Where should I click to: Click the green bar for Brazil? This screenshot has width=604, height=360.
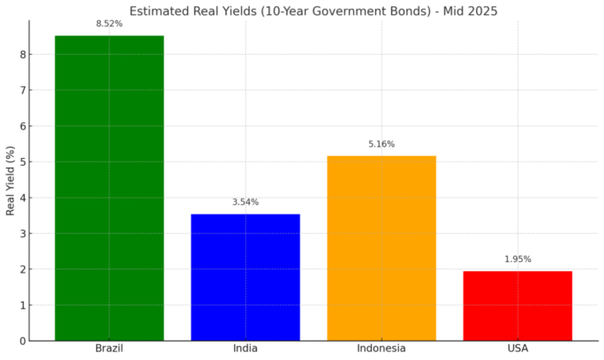click(109, 188)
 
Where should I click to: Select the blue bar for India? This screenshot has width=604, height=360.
click(245, 277)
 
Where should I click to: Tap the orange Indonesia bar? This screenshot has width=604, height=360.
click(381, 248)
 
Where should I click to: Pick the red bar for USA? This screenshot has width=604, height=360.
click(517, 305)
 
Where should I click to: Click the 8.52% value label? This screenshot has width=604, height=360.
click(109, 24)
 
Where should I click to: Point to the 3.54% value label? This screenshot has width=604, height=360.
click(245, 202)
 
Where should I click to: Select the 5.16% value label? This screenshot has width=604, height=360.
click(381, 144)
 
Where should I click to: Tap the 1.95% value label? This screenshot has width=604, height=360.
click(517, 259)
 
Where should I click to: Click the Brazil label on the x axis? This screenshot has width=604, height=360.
click(109, 349)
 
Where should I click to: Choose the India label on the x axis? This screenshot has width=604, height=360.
click(245, 349)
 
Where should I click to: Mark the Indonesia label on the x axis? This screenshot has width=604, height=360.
click(381, 349)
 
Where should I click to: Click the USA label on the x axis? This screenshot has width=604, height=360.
click(517, 349)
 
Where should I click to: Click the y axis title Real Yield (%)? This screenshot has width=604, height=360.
click(10, 180)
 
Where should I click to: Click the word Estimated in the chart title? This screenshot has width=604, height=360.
click(158, 11)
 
